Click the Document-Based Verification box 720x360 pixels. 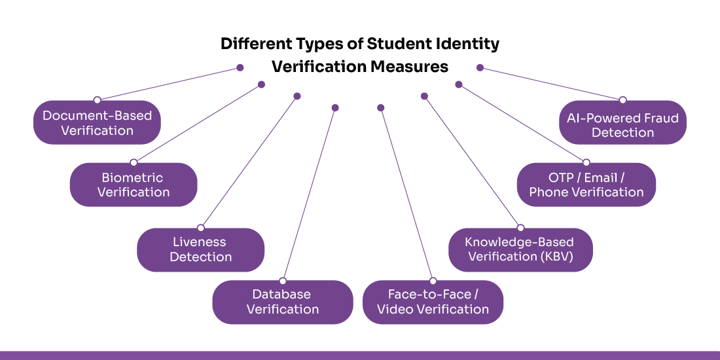coord(97,123)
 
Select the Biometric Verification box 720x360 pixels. coord(134,185)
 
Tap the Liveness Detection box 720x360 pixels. coord(200,250)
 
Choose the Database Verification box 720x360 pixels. coord(282,302)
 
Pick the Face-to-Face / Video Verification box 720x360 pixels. coord(433,302)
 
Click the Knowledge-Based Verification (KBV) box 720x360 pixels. coord(520,250)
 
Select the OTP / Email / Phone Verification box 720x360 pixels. coord(586,185)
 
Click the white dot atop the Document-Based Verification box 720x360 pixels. coord(97,100)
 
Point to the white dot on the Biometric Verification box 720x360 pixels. coord(134,162)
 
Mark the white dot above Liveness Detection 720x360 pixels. coord(200,228)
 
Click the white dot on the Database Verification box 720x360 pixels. coord(283,280)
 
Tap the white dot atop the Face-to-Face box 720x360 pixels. coord(433,280)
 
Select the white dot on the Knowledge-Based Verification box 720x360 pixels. coord(521,228)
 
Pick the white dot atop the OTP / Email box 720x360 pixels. coord(586,162)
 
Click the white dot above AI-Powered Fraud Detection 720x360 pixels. coord(622,100)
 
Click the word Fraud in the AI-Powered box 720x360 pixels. coord(661,118)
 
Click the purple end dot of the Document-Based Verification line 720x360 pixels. coord(240,67)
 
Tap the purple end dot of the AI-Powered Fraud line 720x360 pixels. coord(480,67)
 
